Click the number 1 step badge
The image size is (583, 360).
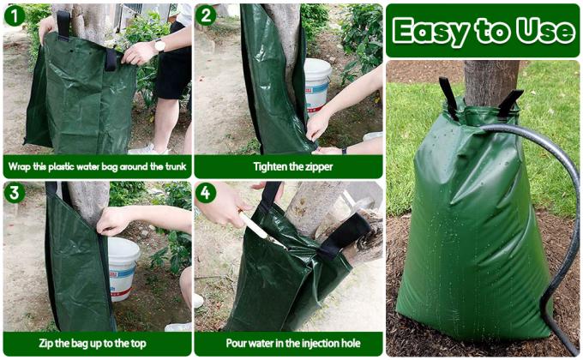pos(14,15)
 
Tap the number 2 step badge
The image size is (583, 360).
pos(207,15)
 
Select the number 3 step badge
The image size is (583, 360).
pos(14,193)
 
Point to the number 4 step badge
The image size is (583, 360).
pos(207,193)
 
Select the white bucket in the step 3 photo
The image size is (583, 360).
pos(123,266)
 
